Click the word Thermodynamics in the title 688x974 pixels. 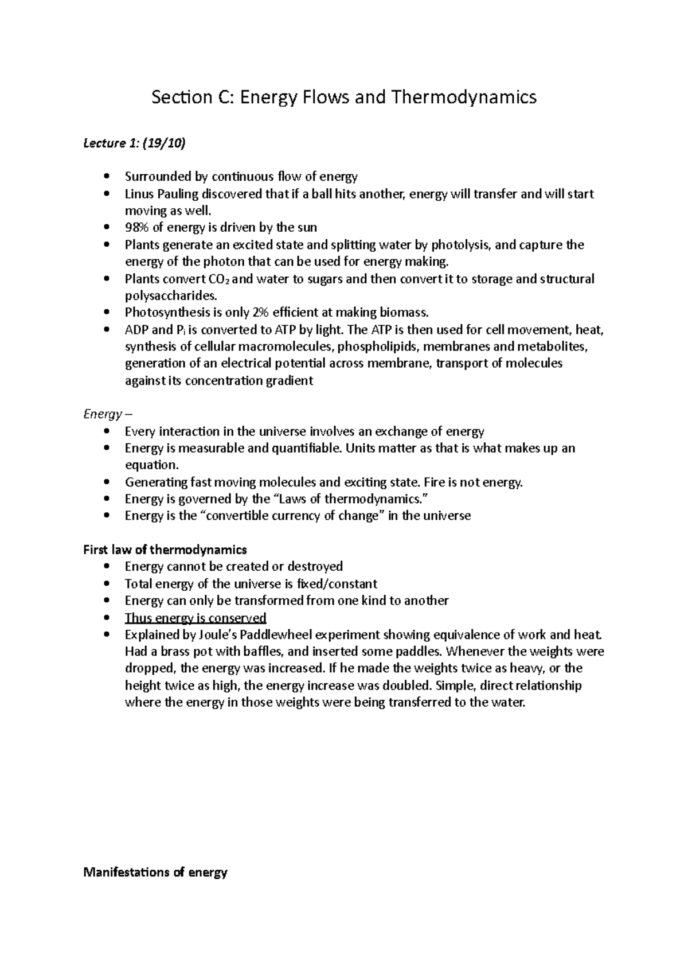pos(463,98)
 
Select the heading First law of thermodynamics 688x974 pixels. pos(165,550)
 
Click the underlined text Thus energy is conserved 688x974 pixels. pos(196,618)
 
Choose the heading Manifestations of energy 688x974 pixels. pos(155,872)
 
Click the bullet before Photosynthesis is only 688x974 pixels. pos(107,313)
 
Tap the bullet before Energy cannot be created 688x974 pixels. pos(107,567)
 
